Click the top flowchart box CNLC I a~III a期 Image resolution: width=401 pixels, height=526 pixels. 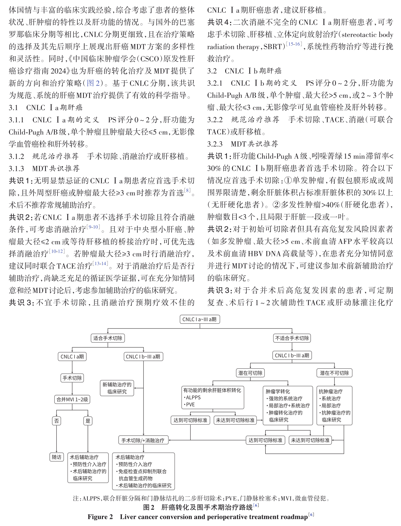point(199,319)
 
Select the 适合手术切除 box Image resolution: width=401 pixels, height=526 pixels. point(107,338)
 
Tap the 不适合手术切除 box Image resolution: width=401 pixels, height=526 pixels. point(292,338)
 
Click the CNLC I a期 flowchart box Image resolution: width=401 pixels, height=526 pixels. point(72,356)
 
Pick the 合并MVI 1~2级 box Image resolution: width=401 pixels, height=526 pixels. point(72,399)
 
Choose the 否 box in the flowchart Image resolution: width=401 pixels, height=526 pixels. point(56,421)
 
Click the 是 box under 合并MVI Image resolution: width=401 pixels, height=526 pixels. point(88,421)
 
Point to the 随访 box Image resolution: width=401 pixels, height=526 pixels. point(56,457)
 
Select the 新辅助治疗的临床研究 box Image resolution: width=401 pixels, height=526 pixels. point(117,388)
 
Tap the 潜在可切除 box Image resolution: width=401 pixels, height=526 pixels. point(250,373)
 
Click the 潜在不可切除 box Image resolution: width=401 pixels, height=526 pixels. point(334,373)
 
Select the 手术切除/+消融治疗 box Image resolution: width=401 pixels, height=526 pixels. point(143,440)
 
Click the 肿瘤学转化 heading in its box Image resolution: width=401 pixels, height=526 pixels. point(278,391)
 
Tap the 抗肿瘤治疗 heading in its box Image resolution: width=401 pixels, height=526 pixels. point(330,391)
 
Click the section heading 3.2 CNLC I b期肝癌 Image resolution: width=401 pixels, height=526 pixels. point(244,71)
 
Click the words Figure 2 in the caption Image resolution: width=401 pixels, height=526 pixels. point(100,517)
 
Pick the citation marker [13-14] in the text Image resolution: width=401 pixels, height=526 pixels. point(100,263)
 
